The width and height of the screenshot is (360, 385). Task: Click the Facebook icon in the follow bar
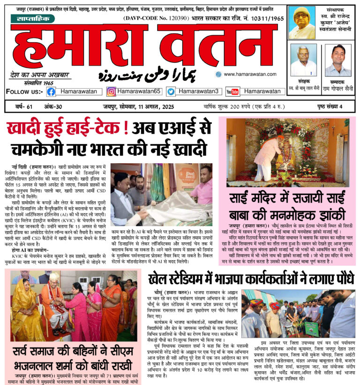point(51,91)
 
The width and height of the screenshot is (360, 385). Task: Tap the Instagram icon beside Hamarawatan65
point(112,91)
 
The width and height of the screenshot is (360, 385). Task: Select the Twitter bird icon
point(171,91)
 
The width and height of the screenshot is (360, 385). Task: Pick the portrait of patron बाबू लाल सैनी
point(303,60)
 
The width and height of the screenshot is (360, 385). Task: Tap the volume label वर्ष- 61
point(23,106)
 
